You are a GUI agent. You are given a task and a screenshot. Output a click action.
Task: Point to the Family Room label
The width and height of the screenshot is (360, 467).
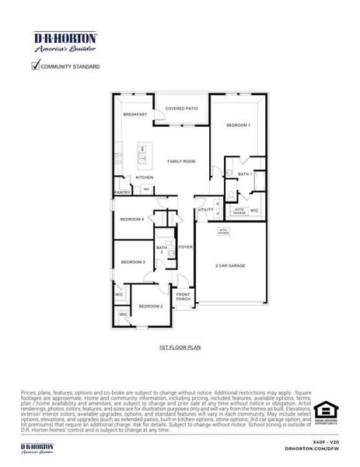[181, 161]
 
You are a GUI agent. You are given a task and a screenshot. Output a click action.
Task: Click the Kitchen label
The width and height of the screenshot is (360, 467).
[145, 177]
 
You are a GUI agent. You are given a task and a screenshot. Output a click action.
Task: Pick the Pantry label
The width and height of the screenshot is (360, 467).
[122, 192]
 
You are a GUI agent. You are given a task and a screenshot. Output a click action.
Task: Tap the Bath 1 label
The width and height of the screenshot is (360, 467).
[244, 174]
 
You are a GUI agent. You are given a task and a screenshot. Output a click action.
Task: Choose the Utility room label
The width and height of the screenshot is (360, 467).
[205, 209]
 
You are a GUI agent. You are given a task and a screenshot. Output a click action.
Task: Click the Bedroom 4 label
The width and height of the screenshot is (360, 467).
[131, 219]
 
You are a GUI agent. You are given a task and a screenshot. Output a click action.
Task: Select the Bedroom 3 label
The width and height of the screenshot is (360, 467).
[132, 262]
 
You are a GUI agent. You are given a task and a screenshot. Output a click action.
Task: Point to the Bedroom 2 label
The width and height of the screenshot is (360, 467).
[150, 307]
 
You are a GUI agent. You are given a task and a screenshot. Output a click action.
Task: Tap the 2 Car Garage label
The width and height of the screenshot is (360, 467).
[230, 266]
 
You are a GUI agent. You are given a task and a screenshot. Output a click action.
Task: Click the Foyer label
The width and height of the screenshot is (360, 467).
[185, 247]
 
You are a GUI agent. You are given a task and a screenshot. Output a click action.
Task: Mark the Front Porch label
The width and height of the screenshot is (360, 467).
[183, 297]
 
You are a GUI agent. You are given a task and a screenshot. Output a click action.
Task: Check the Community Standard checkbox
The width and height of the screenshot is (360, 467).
[35, 65]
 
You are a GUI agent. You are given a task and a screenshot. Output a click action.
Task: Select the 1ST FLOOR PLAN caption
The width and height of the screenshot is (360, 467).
[180, 346]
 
